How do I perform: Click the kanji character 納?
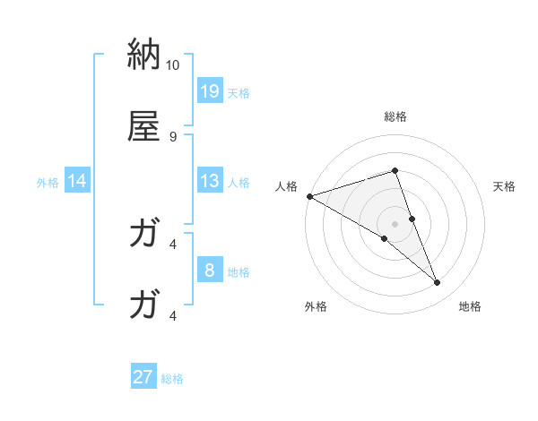(143, 54)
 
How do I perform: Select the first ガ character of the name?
(143, 234)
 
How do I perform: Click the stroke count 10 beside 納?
(173, 65)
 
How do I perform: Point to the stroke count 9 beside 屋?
(173, 137)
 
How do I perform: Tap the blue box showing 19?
(210, 90)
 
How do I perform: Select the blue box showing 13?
(210, 181)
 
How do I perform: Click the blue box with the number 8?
(210, 271)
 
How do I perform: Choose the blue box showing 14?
(77, 181)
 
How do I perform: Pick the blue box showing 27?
(143, 377)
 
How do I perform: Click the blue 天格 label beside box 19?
(239, 93)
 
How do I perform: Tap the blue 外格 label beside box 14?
(48, 183)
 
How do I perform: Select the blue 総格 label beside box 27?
(172, 379)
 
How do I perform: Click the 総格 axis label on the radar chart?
(395, 116)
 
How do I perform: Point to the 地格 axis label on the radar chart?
(470, 307)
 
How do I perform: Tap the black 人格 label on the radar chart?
(286, 186)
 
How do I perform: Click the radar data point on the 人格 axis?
(309, 196)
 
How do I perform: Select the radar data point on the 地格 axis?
(438, 283)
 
